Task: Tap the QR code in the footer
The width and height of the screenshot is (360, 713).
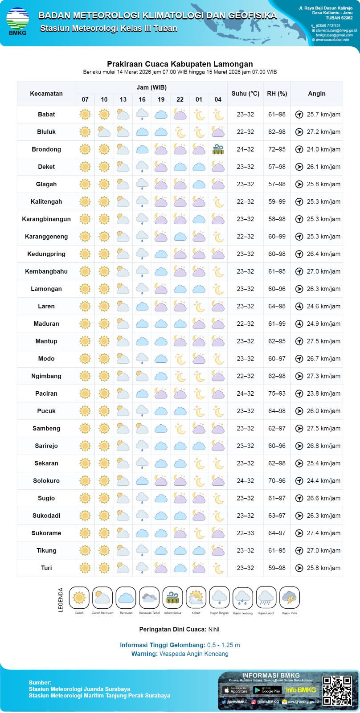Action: pyautogui.click(x=337, y=691)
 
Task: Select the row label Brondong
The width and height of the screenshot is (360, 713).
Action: pyautogui.click(x=46, y=149)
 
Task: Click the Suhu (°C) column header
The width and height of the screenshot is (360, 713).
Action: pyautogui.click(x=245, y=94)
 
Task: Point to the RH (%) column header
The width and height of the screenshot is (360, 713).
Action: pyautogui.click(x=277, y=94)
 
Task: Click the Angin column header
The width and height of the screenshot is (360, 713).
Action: pyautogui.click(x=317, y=94)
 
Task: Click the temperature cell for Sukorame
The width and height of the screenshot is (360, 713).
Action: pyautogui.click(x=245, y=533)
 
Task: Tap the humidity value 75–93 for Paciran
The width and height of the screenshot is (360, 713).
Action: pyautogui.click(x=277, y=393)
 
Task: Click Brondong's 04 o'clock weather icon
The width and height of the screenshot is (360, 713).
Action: pyautogui.click(x=218, y=149)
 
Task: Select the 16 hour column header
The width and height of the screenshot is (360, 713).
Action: pyautogui.click(x=142, y=99)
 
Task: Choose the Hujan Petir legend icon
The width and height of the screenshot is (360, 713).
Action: pyautogui.click(x=290, y=598)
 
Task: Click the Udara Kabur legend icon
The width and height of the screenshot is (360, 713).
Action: pyautogui.click(x=172, y=598)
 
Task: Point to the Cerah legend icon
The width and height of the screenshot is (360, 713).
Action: pyautogui.click(x=79, y=598)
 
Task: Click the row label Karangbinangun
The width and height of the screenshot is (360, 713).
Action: pyautogui.click(x=46, y=219)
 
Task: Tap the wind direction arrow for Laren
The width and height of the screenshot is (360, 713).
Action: pyautogui.click(x=299, y=307)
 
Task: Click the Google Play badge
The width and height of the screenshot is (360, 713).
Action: pyautogui.click(x=267, y=690)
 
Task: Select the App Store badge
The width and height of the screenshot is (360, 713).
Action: pyautogui.click(x=236, y=690)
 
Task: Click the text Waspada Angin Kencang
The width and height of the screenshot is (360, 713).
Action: pyautogui.click(x=194, y=654)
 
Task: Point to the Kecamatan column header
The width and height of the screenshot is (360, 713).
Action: pyautogui.click(x=46, y=94)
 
